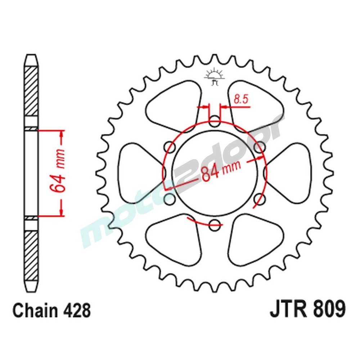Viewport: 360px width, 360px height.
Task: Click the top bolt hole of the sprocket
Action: pyautogui.click(x=215, y=121)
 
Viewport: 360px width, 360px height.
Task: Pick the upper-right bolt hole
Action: pyautogui.click(x=259, y=147)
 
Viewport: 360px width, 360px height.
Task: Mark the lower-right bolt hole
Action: pyautogui.click(x=259, y=198)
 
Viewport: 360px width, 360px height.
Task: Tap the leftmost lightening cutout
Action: pyautogui.click(x=139, y=172)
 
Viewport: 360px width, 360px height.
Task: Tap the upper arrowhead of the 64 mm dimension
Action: pyautogui.click(x=62, y=135)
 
